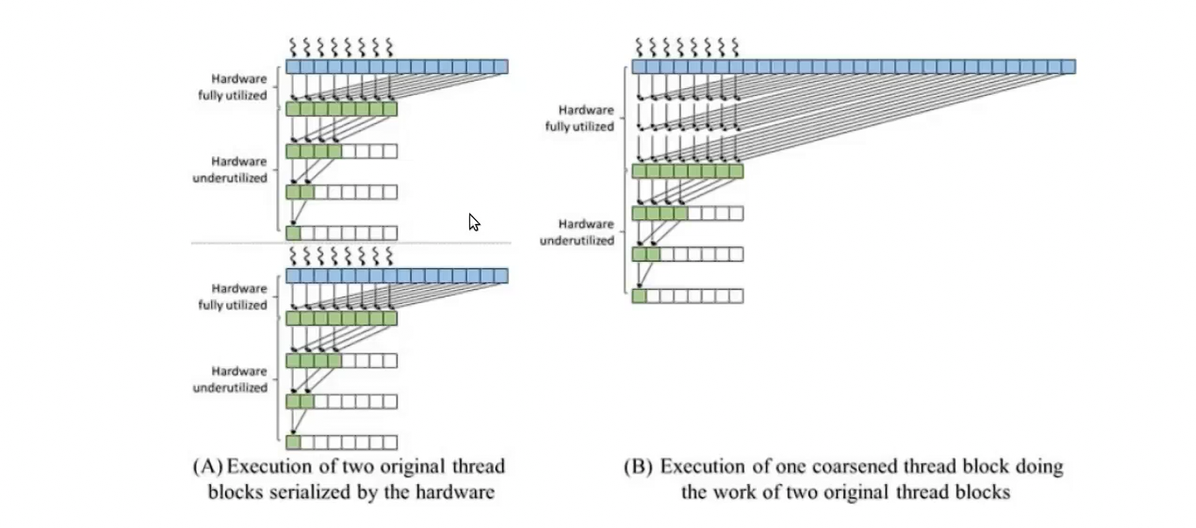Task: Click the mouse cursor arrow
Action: (x=473, y=222)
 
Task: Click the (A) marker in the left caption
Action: (x=207, y=466)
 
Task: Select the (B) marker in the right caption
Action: (x=638, y=466)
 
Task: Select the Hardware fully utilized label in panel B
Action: (x=579, y=118)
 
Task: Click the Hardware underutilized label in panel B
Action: (x=577, y=232)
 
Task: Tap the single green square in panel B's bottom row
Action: (x=639, y=296)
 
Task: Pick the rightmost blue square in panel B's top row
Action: (x=1068, y=67)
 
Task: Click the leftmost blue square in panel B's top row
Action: (x=639, y=67)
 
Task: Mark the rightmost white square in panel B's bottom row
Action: (x=736, y=296)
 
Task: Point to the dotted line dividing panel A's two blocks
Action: (x=351, y=243)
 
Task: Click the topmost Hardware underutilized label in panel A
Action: (x=230, y=169)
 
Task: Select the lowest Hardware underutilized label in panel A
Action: (x=230, y=379)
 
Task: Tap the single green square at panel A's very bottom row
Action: (x=293, y=442)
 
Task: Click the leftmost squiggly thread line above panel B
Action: (x=639, y=47)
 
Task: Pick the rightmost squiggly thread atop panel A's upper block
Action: (x=389, y=47)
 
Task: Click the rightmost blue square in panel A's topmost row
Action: (x=501, y=67)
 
